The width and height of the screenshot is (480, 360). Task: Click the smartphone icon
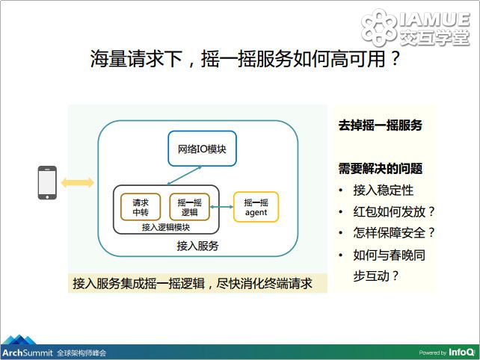pyautogui.click(x=47, y=182)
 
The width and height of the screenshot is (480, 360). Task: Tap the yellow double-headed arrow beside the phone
pyautogui.click(x=78, y=182)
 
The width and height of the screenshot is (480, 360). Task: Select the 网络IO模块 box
pyautogui.click(x=202, y=149)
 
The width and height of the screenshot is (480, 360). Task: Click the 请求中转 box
pyautogui.click(x=141, y=207)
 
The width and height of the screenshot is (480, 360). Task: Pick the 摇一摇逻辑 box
pyautogui.click(x=189, y=207)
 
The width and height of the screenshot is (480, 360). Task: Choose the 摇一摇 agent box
pyautogui.click(x=256, y=207)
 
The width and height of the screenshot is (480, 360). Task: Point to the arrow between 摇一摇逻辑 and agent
pyautogui.click(x=221, y=207)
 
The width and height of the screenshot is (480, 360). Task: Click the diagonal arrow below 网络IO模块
pyautogui.click(x=184, y=176)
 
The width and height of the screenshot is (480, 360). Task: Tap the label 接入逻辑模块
pyautogui.click(x=166, y=227)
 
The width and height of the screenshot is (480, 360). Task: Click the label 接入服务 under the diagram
pyautogui.click(x=197, y=246)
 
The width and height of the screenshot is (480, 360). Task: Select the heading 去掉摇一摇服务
pyautogui.click(x=381, y=125)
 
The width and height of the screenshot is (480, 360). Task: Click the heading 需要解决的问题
pyautogui.click(x=381, y=169)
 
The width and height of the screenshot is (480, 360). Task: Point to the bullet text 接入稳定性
pyautogui.click(x=384, y=190)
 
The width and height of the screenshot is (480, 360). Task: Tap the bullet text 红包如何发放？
pyautogui.click(x=394, y=211)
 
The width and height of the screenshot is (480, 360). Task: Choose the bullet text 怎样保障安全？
pyautogui.click(x=394, y=232)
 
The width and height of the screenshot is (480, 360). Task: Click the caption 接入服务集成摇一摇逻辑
pyautogui.click(x=138, y=283)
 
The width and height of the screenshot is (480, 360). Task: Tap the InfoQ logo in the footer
pyautogui.click(x=461, y=353)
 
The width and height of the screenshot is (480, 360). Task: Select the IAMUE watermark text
pyautogui.click(x=434, y=19)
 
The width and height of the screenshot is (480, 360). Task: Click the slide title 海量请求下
pyautogui.click(x=137, y=58)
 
